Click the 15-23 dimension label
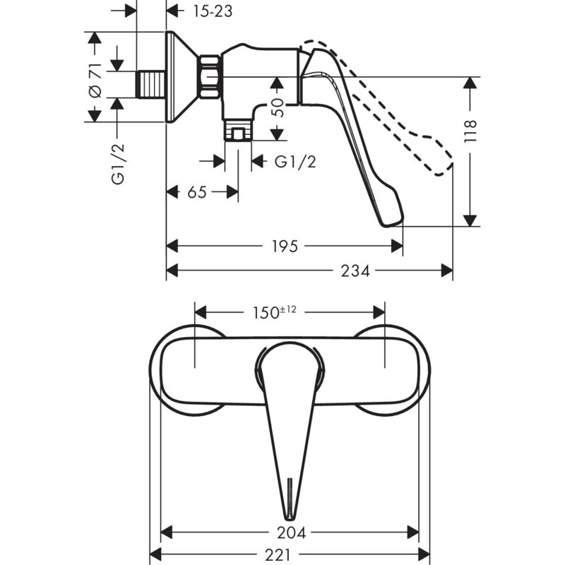coord(213,11)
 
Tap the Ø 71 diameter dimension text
coord(95,80)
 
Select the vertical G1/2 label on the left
coord(118,164)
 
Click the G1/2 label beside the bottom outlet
coord(295,162)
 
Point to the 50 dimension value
coord(277,107)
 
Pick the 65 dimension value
coord(197,192)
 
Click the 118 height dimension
coord(470,131)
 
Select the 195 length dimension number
coord(285,246)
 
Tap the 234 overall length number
coord(355,270)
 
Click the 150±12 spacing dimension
coord(275,312)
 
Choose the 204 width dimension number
coord(291,533)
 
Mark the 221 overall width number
coord(278,555)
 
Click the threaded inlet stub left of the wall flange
coord(151,84)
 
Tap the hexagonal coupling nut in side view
coord(210,77)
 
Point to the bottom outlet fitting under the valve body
coord(238,129)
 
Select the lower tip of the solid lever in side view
coord(386,226)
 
